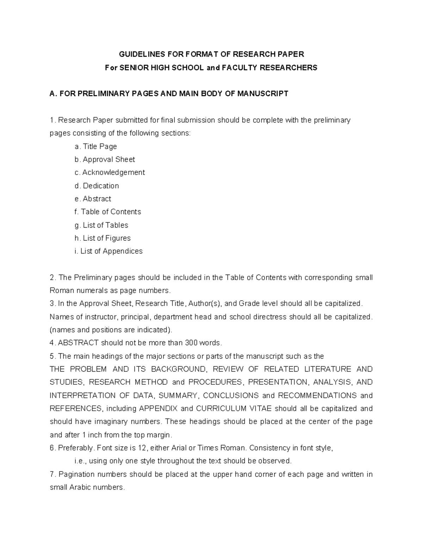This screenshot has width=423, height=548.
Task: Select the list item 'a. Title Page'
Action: (96, 146)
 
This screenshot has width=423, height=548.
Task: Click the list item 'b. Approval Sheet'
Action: (105, 159)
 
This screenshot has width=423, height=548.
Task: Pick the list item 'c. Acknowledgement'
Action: (110, 173)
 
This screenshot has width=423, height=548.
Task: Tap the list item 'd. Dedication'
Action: (97, 186)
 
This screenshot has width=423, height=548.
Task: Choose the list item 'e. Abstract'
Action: (93, 199)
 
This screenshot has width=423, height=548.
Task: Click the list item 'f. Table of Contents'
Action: (108, 212)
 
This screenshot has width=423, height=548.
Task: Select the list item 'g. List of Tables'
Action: (101, 225)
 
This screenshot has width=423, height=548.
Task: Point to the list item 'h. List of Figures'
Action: (103, 238)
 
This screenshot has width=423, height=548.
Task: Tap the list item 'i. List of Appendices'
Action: (109, 251)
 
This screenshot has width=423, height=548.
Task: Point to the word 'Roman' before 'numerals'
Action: (60, 291)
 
